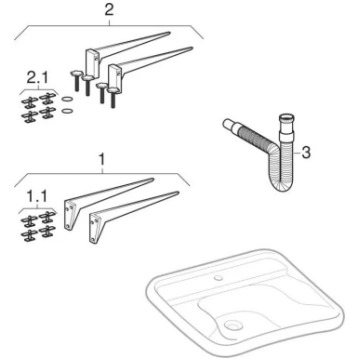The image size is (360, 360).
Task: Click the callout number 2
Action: (x=109, y=10)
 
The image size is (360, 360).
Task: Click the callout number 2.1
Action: (x=37, y=78)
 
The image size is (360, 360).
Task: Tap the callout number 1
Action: (x=102, y=159)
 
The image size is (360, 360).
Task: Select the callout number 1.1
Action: (x=37, y=198)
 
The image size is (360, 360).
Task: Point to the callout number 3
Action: (x=306, y=153)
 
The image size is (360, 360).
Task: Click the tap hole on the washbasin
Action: (x=218, y=277)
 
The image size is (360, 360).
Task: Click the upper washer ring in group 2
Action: (x=67, y=99)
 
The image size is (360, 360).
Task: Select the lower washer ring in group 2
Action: (x=67, y=111)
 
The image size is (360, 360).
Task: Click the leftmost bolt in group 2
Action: (x=75, y=80)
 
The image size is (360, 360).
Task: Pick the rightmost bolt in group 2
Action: (x=113, y=98)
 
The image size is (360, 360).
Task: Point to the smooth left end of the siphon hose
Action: (x=230, y=127)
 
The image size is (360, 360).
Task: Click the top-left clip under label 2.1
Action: (x=30, y=101)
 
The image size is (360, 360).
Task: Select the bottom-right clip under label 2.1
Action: (x=47, y=113)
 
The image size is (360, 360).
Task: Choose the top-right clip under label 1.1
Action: (x=47, y=217)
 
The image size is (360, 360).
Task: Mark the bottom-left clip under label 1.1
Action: (x=29, y=235)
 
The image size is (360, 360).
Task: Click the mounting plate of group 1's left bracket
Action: (x=69, y=214)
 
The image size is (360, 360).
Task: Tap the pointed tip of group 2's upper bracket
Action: (x=169, y=33)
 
